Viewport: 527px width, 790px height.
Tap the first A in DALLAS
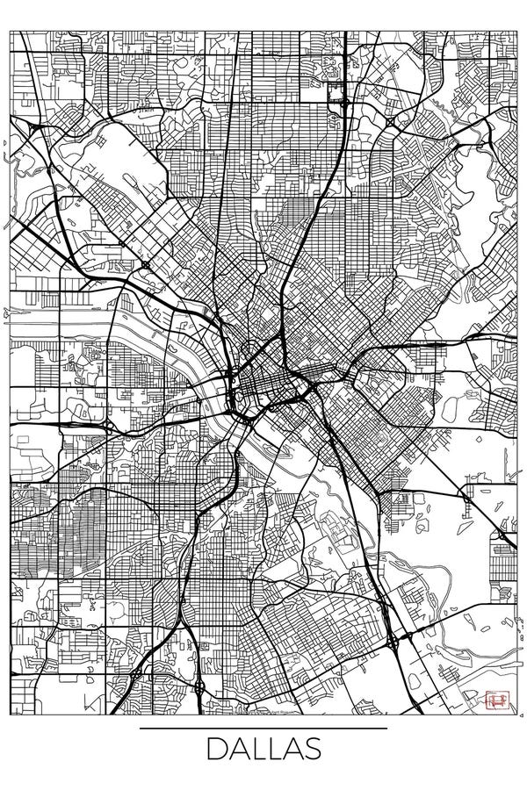point(239,751)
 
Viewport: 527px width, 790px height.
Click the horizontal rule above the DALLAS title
point(263,728)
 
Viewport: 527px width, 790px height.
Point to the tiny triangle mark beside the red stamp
point(482,700)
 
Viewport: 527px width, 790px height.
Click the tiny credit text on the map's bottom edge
point(263,713)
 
